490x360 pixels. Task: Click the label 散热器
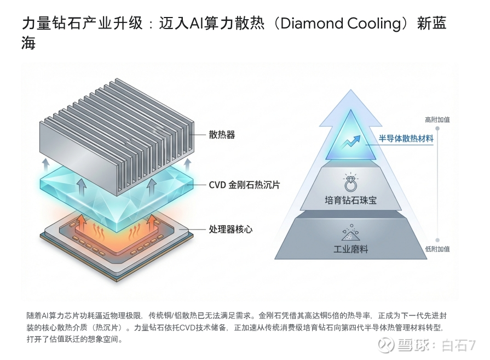(x=222, y=134)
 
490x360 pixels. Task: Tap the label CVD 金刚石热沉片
(x=244, y=185)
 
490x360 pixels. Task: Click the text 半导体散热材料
(x=406, y=139)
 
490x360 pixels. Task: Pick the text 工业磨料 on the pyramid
(x=351, y=249)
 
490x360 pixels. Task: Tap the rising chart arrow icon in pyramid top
(x=350, y=142)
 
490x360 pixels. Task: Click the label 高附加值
(x=437, y=119)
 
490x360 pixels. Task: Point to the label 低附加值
(x=437, y=249)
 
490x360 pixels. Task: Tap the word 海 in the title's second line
(x=28, y=43)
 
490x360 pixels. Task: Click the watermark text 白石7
(x=459, y=345)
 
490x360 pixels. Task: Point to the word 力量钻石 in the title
(x=50, y=24)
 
